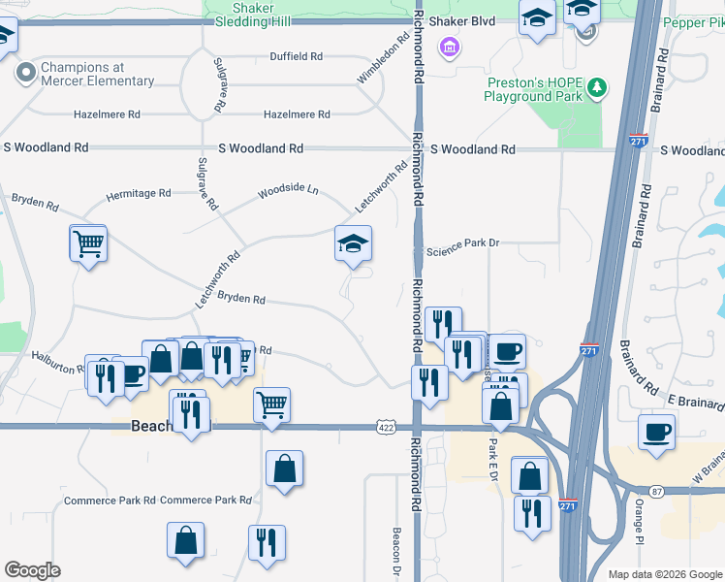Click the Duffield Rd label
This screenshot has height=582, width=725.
(x=296, y=56)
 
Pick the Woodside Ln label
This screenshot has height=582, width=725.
(x=288, y=190)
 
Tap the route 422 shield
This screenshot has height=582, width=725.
(x=385, y=426)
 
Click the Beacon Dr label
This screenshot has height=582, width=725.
(x=396, y=549)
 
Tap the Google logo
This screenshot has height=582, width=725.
(x=32, y=570)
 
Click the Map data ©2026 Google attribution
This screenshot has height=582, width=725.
(x=664, y=574)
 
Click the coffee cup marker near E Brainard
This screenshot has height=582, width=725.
(x=656, y=431)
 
